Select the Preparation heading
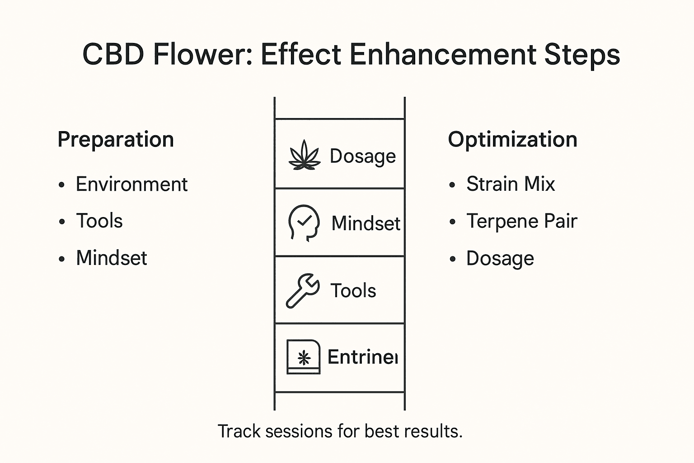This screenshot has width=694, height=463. click(116, 139)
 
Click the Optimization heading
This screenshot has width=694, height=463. click(512, 139)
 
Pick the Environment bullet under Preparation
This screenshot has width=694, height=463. click(131, 184)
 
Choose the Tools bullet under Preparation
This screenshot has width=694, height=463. click(99, 221)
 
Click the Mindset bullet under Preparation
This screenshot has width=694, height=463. click(112, 258)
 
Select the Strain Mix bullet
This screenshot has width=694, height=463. click(511, 184)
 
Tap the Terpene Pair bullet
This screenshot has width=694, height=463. click(522, 221)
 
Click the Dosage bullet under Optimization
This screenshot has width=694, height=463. click(500, 259)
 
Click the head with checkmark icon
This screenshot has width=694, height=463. click(304, 223)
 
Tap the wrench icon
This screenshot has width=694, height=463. click(303, 291)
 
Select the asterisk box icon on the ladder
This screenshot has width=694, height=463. click(304, 357)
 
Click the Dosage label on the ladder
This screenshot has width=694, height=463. click(363, 156)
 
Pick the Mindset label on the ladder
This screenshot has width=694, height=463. click(366, 223)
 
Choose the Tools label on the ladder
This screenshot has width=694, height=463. click(353, 291)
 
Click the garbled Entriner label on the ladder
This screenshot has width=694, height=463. click(362, 357)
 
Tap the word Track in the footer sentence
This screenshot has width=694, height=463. click(239, 431)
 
